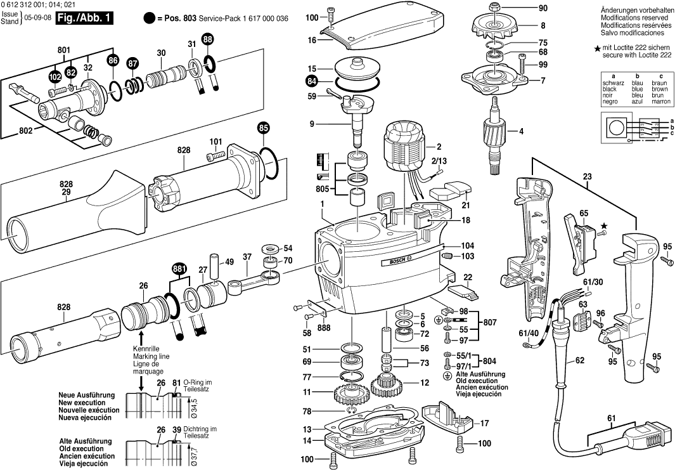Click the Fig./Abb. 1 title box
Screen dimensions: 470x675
[x=84, y=18]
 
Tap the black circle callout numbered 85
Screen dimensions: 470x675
[x=264, y=128]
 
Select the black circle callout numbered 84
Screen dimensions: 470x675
[x=311, y=81]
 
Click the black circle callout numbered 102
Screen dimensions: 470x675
[x=55, y=77]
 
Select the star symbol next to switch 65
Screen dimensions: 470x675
[x=603, y=225]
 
